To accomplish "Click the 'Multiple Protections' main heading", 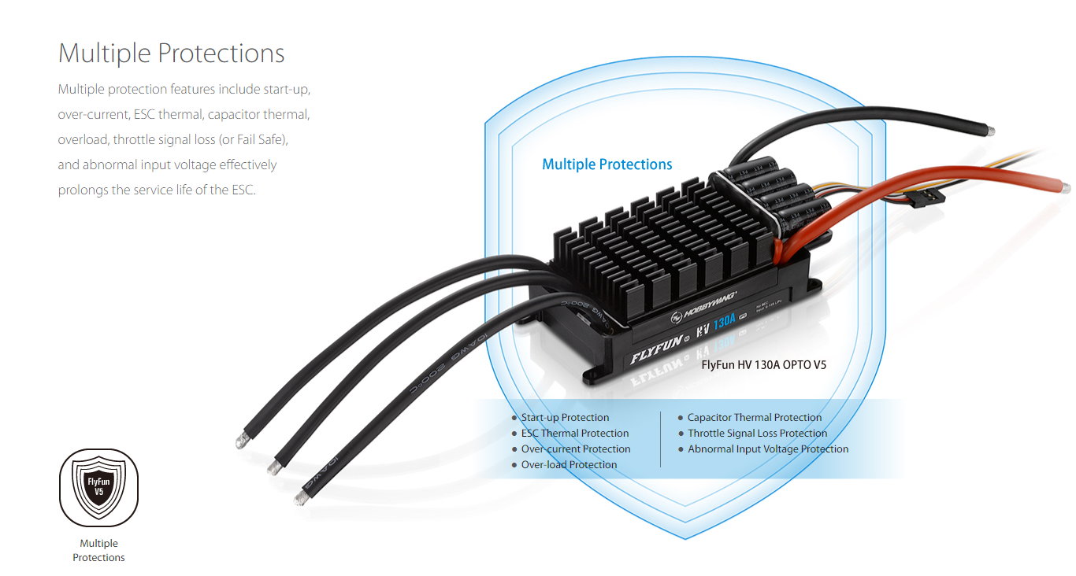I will point(171,54).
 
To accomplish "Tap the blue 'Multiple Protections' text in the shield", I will point(607,164).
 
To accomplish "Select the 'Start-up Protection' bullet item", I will point(565,418).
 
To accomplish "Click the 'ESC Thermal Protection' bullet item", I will point(575,434).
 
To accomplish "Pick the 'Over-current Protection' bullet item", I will point(576,449).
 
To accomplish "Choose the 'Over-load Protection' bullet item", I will point(569,465).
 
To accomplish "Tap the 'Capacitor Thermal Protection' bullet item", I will point(754,418).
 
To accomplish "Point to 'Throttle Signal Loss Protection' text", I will point(757,434).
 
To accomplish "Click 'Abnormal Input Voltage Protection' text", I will point(768,449).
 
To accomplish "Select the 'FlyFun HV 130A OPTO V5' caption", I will point(763,365).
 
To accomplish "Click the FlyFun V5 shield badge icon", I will point(99,487).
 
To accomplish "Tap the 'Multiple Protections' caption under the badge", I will point(99,550).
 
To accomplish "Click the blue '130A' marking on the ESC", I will point(725,323).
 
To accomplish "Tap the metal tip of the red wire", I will point(1066,188).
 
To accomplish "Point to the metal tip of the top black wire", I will point(993,131).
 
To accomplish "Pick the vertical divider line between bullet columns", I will point(660,439).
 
